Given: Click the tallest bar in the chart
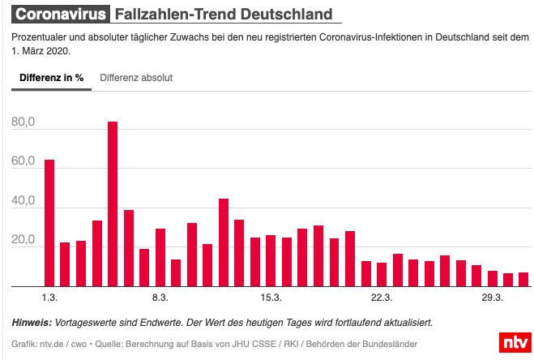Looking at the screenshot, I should click(x=113, y=204).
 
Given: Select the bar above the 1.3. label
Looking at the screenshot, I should click(x=49, y=223).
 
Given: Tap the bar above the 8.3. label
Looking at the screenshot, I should click(x=160, y=257).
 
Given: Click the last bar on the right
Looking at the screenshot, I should click(x=523, y=279).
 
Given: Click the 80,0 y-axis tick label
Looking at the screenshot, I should click(x=23, y=122).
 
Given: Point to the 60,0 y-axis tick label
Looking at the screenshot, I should click(x=23, y=162).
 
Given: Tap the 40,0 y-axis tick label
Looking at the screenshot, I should click(x=23, y=201).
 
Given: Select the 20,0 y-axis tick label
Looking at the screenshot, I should click(x=23, y=241).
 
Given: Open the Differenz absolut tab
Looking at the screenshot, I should click(x=136, y=78).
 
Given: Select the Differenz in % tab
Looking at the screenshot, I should click(x=52, y=78).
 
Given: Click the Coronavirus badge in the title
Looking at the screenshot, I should click(x=61, y=15).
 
